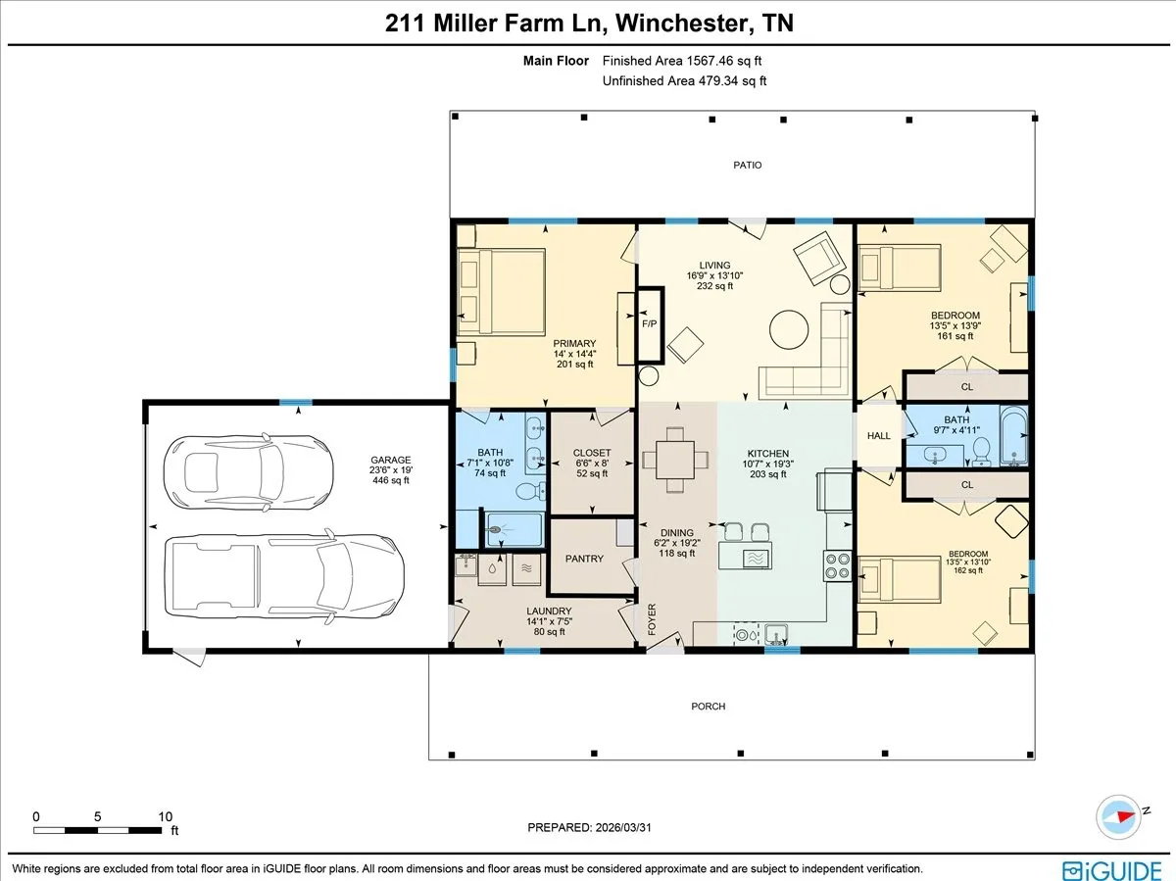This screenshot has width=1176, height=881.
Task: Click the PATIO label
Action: click(747, 165)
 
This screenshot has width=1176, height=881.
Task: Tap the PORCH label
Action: click(708, 707)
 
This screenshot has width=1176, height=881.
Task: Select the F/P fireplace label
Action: click(650, 323)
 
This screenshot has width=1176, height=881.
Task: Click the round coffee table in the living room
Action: click(789, 329)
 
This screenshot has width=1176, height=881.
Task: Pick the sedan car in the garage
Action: click(248, 472)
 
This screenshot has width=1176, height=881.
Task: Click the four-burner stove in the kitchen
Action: click(837, 566)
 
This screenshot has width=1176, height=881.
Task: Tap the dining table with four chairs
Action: click(675, 460)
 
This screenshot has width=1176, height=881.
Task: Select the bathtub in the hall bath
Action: click(1013, 435)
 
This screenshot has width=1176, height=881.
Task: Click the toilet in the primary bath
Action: click(531, 491)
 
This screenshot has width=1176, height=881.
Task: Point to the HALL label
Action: click(879, 435)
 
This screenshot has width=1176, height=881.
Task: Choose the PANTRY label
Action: click(584, 559)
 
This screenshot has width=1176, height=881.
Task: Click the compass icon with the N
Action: click(1118, 817)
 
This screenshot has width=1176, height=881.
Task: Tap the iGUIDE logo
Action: click(1111, 870)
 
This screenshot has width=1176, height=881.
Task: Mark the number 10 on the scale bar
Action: click(165, 816)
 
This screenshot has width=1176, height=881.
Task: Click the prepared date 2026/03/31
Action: click(622, 827)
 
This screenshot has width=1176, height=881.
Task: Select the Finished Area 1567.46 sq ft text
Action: click(681, 61)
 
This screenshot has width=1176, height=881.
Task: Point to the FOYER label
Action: click(652, 619)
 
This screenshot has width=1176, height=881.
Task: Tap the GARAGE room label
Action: click(391, 460)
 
